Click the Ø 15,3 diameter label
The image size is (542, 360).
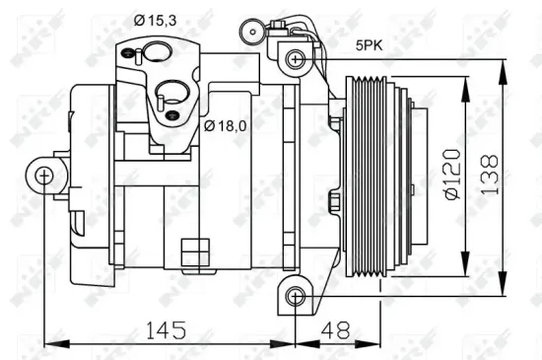[x=156, y=19]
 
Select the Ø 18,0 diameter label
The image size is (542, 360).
[x=226, y=126]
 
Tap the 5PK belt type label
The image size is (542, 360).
[x=370, y=44]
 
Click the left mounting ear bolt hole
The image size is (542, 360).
[x=43, y=177]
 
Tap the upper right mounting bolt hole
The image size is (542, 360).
[x=295, y=59]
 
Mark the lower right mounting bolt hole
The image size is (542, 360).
[x=295, y=296]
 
